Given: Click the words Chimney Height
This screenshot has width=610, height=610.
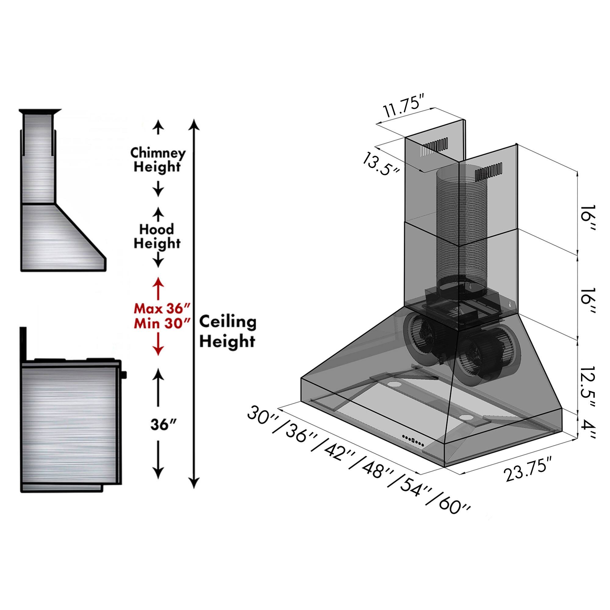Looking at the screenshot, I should (x=158, y=160).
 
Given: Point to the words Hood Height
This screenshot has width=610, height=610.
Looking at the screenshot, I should (x=157, y=236).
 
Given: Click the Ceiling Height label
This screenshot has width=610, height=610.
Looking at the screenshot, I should (x=227, y=332).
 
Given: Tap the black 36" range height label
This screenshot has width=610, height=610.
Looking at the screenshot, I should (x=158, y=425).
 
